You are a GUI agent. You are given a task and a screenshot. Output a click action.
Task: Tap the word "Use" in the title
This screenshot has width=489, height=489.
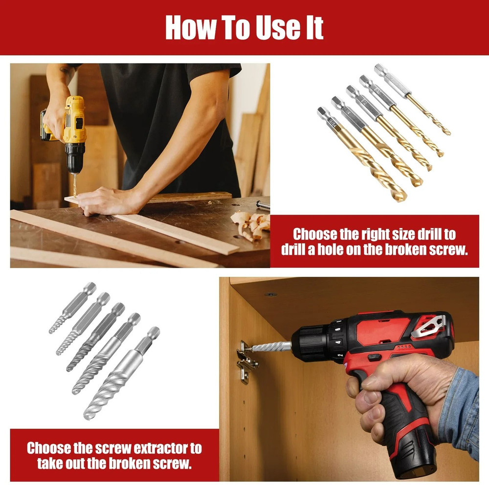coord(277,28)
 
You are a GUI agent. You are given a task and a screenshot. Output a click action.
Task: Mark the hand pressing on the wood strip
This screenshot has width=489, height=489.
coord(105,200)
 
